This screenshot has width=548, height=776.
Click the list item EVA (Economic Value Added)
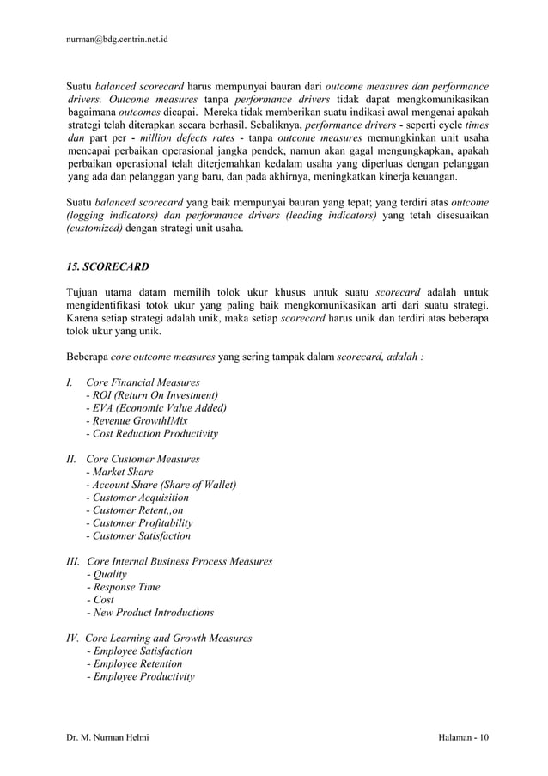pos(156,407)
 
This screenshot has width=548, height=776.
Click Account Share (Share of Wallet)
pos(161,485)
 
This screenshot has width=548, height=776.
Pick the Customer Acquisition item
pos(137,498)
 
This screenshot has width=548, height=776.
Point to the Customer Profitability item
pos(139,522)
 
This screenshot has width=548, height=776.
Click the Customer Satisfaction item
pos(138,535)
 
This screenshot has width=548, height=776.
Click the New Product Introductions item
pos(150,613)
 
